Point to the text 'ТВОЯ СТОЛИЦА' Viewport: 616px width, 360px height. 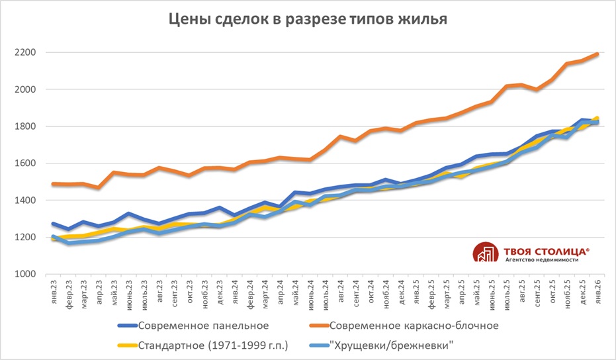tap(544, 251)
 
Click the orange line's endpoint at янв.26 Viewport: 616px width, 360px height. tap(597, 54)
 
